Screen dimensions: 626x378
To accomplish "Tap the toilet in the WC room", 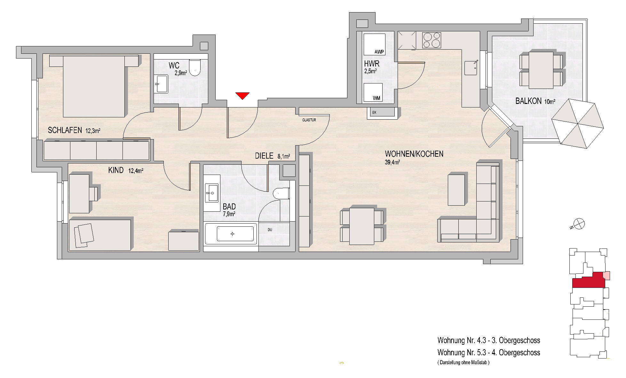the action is click(x=194, y=67).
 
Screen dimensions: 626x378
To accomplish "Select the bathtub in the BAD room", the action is click(x=231, y=234).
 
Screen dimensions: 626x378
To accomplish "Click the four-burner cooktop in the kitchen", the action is click(x=432, y=40).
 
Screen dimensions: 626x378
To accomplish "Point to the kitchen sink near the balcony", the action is click(x=471, y=67).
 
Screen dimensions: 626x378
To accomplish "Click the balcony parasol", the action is click(x=577, y=123).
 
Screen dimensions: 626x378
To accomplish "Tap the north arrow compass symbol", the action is click(x=579, y=224).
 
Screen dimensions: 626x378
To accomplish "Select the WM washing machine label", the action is click(x=376, y=98).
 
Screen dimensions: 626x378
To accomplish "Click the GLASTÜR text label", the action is click(x=309, y=120).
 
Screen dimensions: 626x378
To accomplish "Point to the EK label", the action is click(x=374, y=112).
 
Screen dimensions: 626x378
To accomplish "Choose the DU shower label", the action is click(x=270, y=230).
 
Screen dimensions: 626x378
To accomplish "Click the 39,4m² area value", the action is click(x=392, y=162).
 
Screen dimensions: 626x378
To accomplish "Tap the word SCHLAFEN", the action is click(x=65, y=130).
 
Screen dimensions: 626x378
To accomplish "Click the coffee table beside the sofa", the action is click(x=456, y=189).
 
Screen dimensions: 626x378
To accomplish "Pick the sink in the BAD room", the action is click(x=211, y=193).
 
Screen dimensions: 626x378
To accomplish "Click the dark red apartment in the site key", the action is click(x=588, y=281).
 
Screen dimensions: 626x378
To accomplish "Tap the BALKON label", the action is click(x=528, y=101).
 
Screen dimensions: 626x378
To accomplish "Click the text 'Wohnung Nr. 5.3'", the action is click(x=462, y=352).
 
